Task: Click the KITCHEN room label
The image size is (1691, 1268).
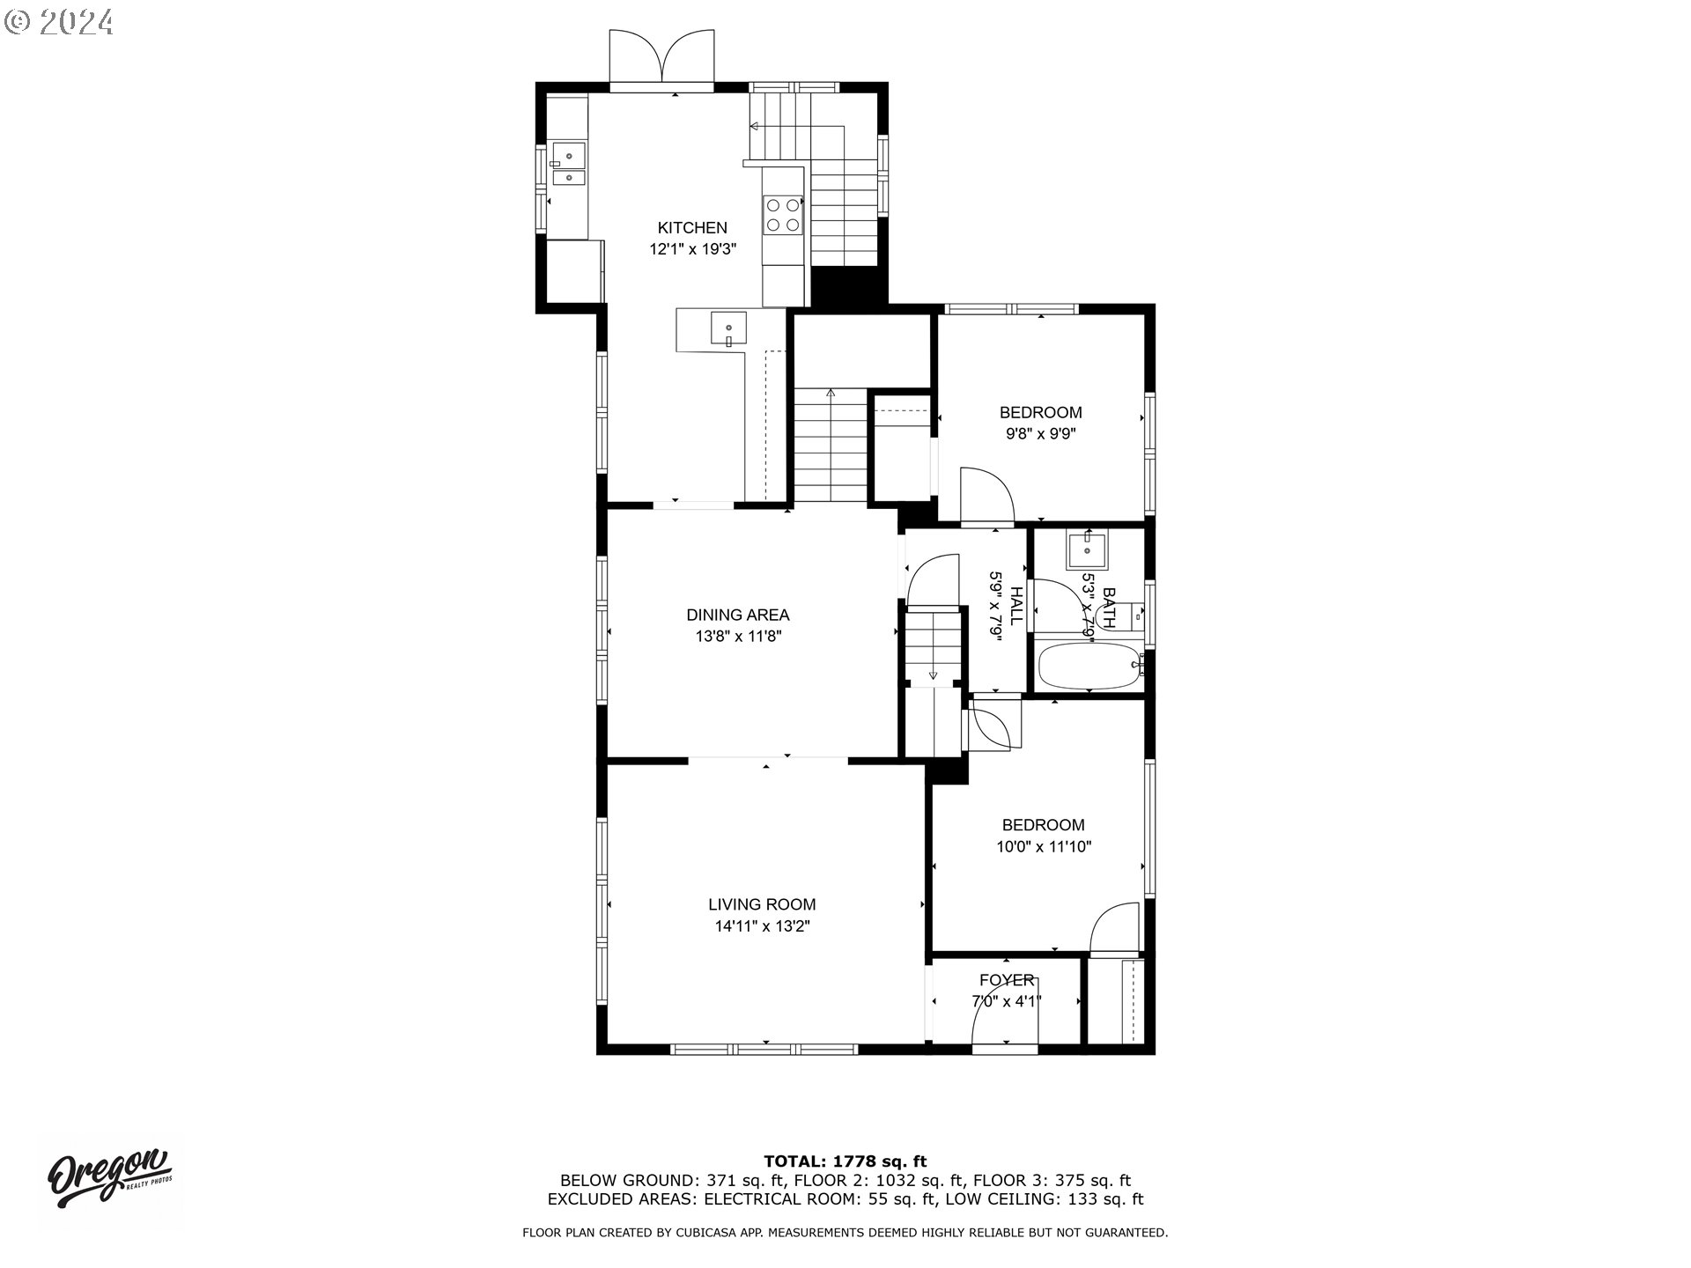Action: tap(692, 228)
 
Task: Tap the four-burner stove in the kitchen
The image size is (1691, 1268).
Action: tap(783, 215)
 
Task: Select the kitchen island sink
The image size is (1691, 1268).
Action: tap(728, 330)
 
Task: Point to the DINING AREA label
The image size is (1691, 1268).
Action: tap(737, 616)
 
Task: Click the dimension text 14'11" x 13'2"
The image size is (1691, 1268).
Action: tap(762, 926)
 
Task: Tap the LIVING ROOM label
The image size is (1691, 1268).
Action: tap(762, 904)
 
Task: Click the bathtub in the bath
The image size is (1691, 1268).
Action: tap(1089, 667)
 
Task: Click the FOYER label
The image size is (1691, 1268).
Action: tap(1007, 980)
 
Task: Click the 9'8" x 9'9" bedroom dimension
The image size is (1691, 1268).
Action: tap(1040, 434)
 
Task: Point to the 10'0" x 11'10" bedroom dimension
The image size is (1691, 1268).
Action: tap(1044, 847)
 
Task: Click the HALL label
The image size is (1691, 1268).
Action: tap(1015, 606)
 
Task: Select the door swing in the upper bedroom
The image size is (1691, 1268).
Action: tap(986, 495)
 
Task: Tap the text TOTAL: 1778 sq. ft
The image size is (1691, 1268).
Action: tap(845, 1161)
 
